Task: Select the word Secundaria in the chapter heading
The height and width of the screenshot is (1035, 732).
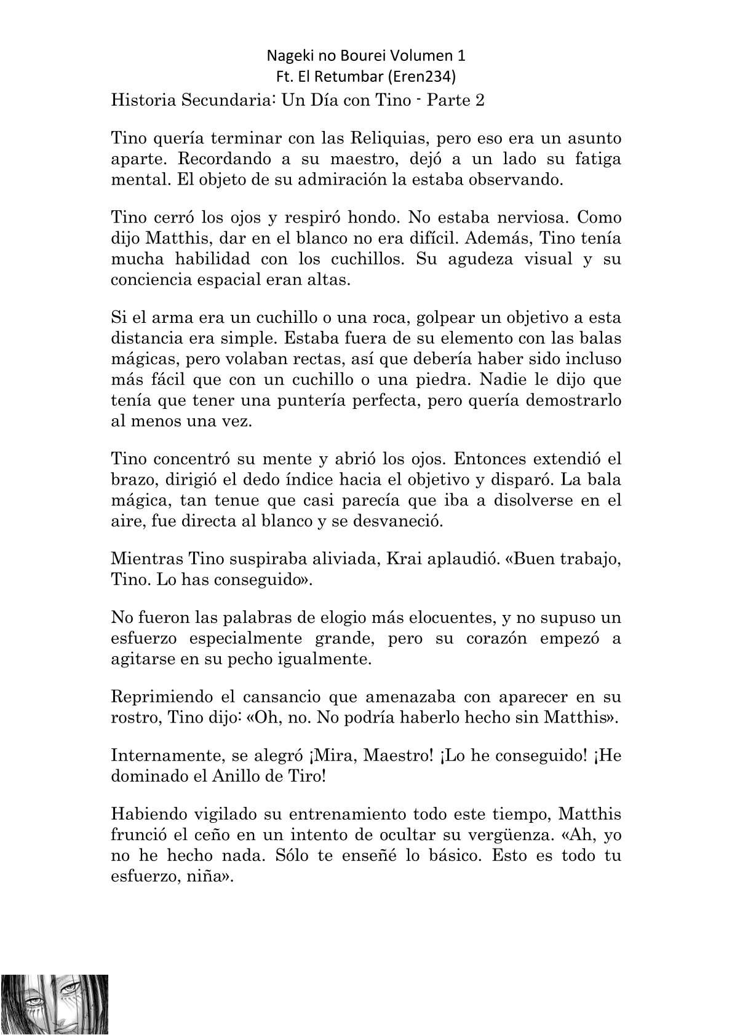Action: coord(225,100)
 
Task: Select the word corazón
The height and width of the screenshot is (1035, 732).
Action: coord(482,638)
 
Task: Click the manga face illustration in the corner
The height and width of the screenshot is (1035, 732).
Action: coord(55,1004)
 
